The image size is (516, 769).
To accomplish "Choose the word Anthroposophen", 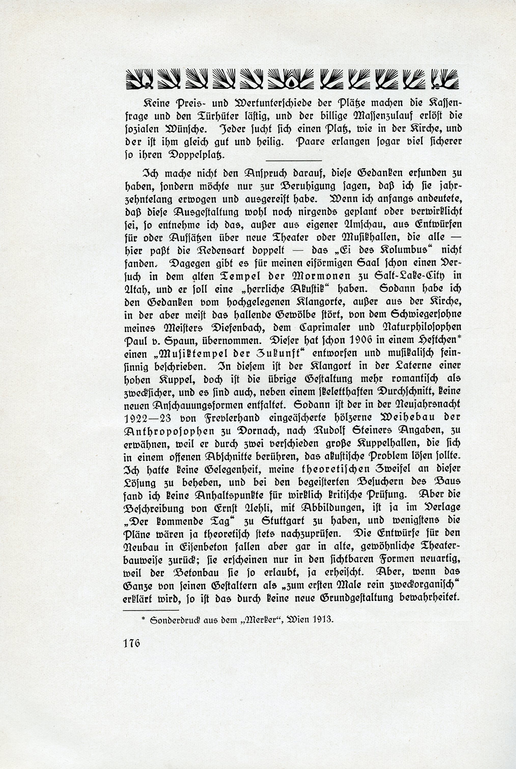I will coord(169,431).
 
